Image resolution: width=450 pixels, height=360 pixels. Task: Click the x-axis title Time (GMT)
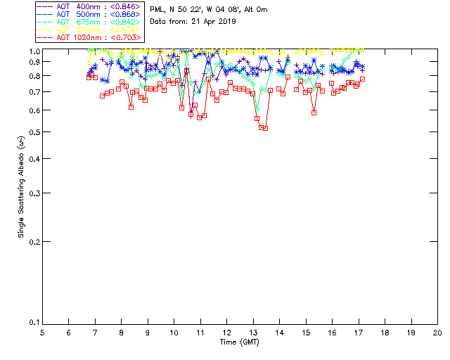click(x=240, y=342)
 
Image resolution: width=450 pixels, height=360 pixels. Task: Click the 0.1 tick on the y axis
click(x=32, y=322)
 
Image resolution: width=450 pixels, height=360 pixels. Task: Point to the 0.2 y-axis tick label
click(x=32, y=241)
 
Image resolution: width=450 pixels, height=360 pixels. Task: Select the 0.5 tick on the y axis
click(x=32, y=132)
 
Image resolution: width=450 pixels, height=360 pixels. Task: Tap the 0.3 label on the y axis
click(x=32, y=193)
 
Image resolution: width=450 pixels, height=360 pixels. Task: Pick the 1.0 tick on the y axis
click(x=32, y=51)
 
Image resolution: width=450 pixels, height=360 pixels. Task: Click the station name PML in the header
click(x=158, y=10)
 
